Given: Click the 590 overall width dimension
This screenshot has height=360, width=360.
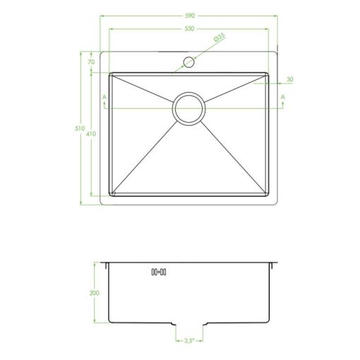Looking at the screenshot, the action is click(190, 16).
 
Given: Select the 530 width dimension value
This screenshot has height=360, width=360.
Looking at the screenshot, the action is click(189, 29).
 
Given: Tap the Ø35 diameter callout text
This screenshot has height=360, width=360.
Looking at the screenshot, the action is click(220, 37).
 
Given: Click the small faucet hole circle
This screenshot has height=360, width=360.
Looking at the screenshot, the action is click(188, 62).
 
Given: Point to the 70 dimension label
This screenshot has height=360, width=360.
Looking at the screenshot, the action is click(91, 62).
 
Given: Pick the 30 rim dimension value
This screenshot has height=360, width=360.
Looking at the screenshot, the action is click(290, 80).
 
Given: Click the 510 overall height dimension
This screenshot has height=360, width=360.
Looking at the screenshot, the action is click(80, 128).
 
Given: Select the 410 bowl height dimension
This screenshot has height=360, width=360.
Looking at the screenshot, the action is click(91, 134).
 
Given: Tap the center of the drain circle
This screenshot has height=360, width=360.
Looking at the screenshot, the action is click(188, 109).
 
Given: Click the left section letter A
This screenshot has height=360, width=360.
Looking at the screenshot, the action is click(104, 97).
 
